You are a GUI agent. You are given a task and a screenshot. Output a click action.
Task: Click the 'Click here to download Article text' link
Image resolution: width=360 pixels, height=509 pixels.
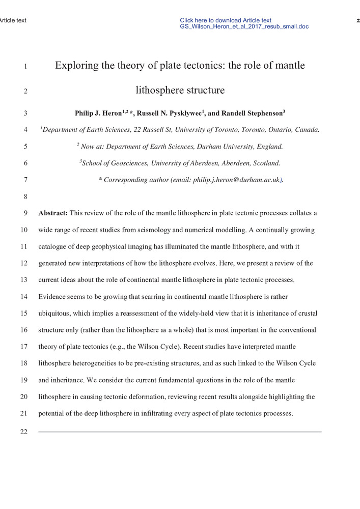[226, 20]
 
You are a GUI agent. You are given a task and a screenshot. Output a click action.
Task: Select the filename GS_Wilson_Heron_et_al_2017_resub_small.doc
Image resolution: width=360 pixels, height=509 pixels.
[244, 26]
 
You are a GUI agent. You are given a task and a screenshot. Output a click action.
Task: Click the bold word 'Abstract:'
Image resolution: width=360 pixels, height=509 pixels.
[53, 213]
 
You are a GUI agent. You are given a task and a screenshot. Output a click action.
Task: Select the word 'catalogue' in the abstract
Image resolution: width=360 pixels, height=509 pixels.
[53, 247]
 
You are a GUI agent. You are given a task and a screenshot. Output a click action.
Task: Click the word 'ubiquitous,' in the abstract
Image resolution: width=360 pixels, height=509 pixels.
[57, 314]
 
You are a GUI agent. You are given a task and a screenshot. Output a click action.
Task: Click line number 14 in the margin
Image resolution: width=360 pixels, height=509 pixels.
[24, 297]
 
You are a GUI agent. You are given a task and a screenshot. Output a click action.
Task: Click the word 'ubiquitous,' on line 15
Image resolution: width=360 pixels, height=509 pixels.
[57, 314]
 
